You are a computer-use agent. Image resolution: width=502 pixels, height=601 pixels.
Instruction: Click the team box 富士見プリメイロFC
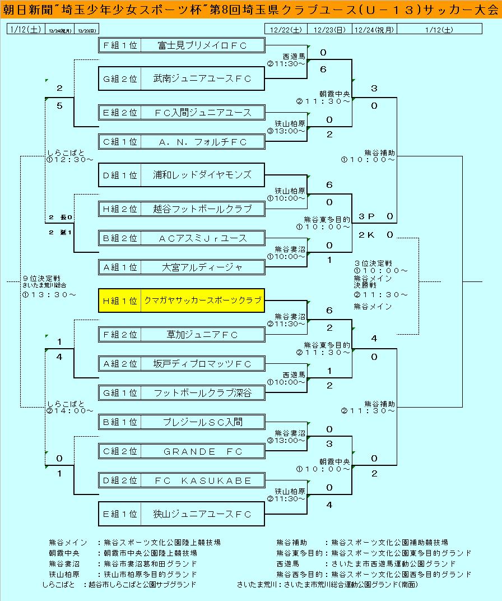(x=202, y=45)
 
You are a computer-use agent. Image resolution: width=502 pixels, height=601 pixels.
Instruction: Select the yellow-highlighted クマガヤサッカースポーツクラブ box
(x=202, y=300)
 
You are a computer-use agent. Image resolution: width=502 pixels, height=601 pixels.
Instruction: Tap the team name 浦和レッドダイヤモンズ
(x=202, y=175)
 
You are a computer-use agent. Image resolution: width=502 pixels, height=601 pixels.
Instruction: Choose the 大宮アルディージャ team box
(x=202, y=267)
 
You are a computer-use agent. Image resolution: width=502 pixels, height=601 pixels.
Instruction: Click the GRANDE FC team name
(x=202, y=451)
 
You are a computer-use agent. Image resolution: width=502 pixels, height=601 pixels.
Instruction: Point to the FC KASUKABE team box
(x=202, y=480)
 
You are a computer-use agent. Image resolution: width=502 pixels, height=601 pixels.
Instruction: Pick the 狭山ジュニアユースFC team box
(x=202, y=514)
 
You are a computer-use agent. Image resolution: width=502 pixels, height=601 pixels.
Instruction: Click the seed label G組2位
(x=119, y=79)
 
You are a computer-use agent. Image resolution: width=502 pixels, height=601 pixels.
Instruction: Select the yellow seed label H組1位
(x=119, y=300)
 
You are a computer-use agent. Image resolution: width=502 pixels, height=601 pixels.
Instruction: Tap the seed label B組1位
(x=119, y=422)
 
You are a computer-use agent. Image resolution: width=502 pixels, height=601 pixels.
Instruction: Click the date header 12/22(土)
(x=286, y=30)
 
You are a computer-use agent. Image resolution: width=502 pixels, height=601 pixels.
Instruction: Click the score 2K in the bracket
(x=366, y=235)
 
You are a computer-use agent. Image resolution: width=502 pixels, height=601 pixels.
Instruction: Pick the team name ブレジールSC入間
(x=202, y=422)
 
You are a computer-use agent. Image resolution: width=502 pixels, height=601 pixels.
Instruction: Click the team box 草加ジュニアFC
(x=202, y=335)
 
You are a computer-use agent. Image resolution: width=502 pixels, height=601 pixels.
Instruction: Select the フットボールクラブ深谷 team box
(x=202, y=393)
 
